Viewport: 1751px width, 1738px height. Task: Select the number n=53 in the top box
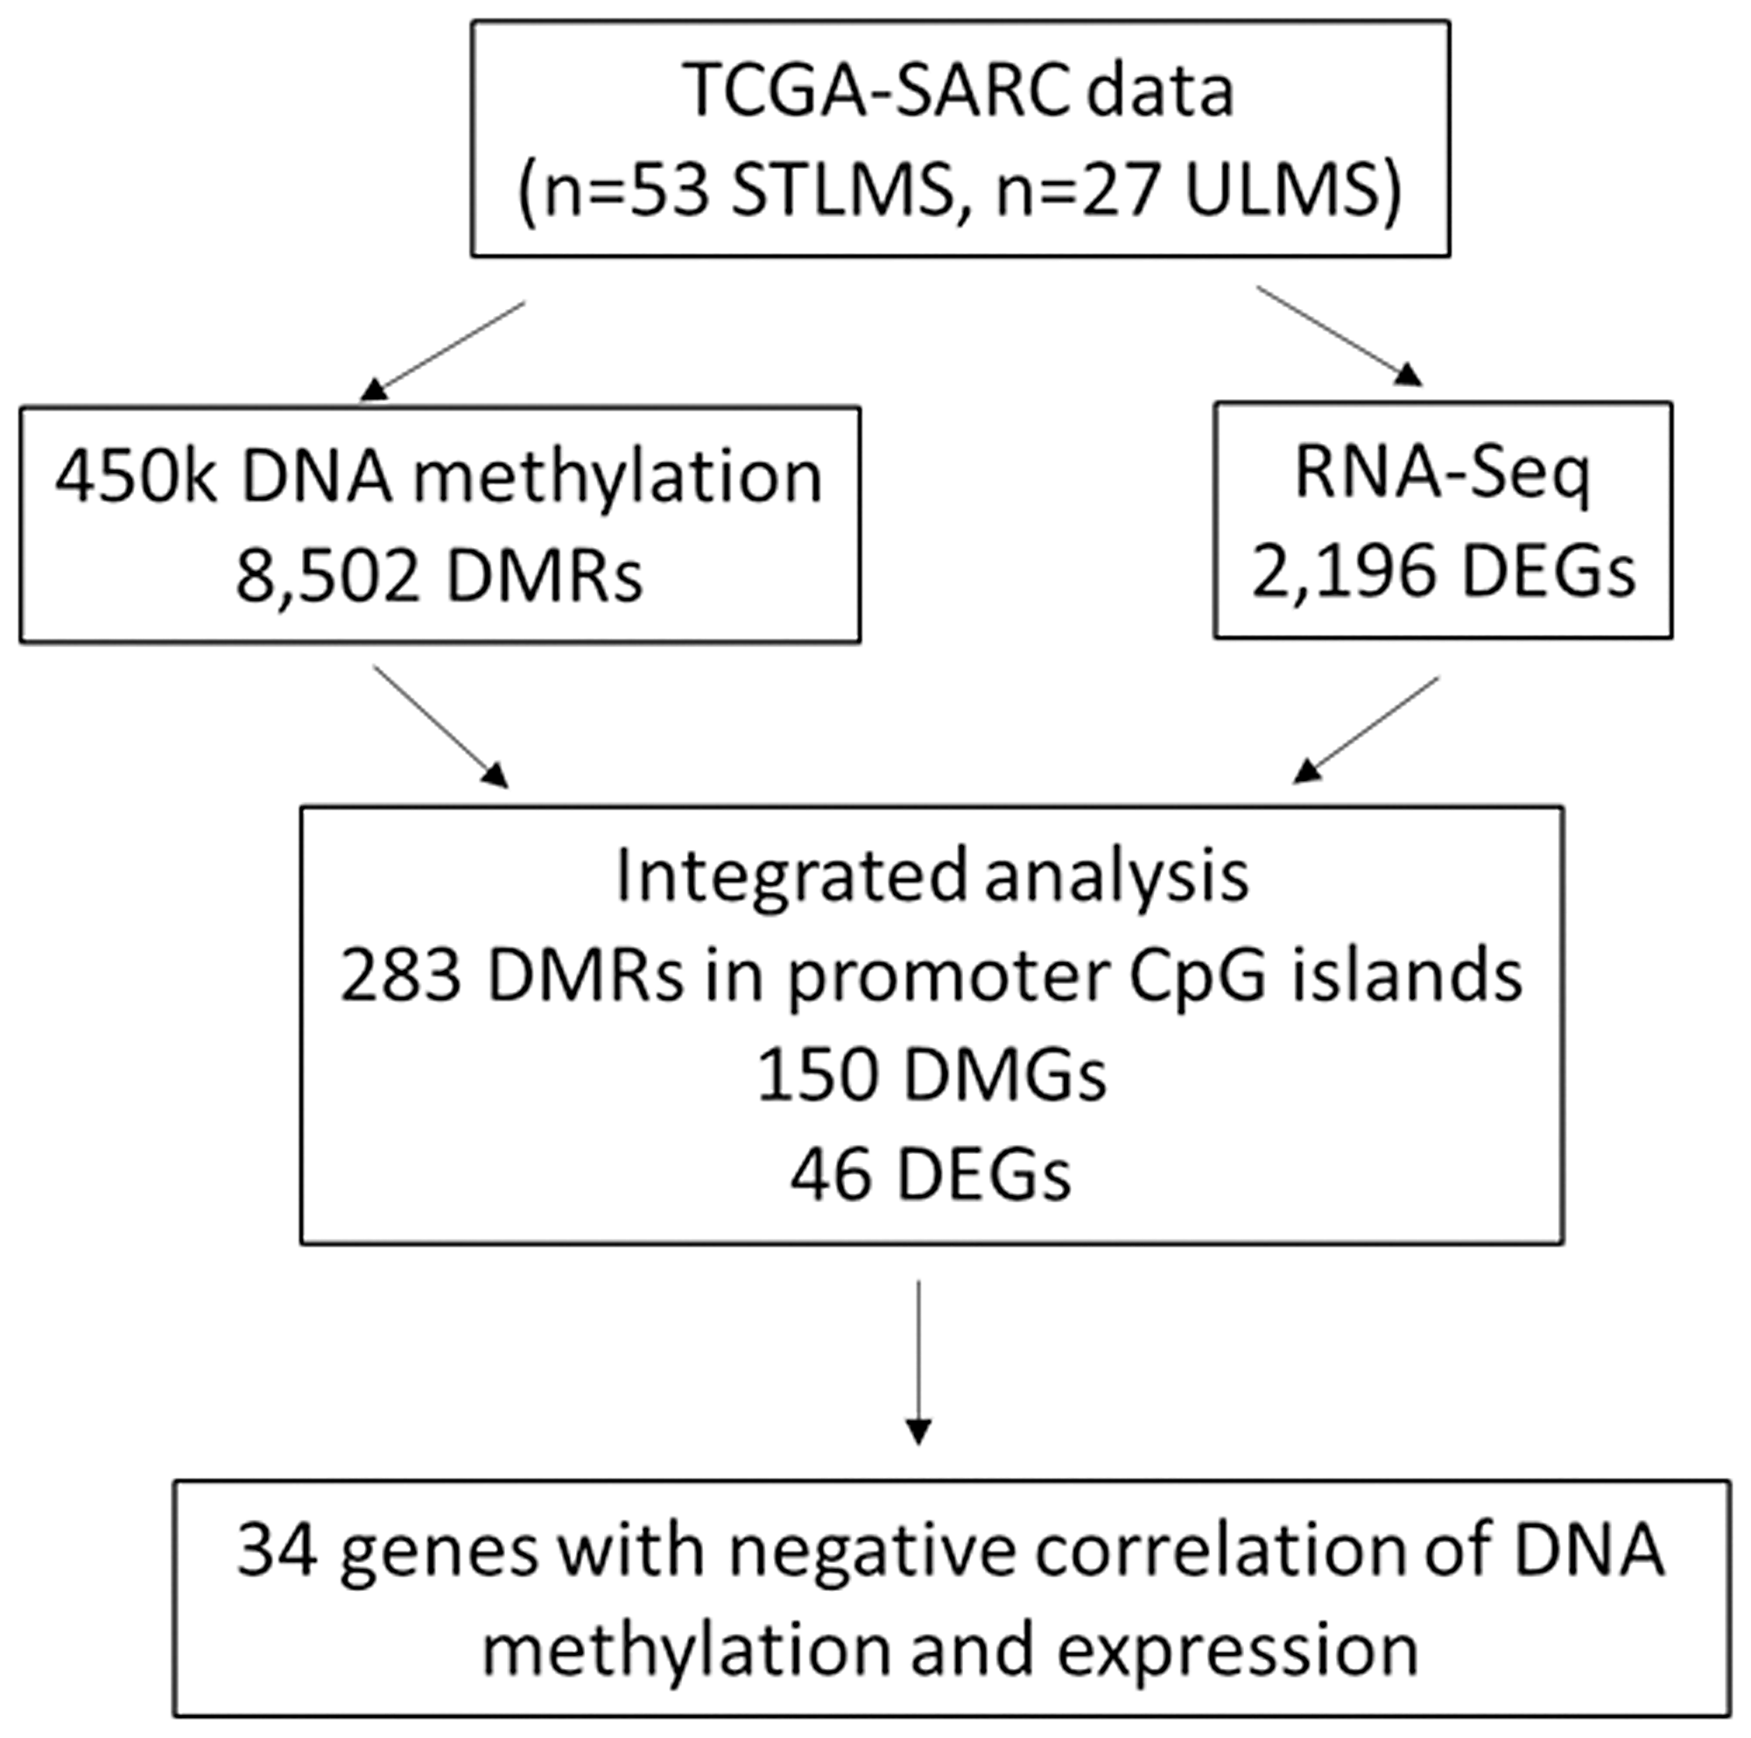[626, 192]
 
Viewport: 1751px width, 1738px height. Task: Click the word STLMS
[841, 192]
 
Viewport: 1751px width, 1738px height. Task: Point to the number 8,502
[328, 576]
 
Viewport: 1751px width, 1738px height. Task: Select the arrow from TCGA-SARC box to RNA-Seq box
[1338, 334]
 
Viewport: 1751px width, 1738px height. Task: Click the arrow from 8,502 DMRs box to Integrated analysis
[440, 726]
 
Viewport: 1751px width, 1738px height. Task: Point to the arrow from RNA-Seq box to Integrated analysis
[1366, 729]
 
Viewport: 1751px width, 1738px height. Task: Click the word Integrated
[790, 876]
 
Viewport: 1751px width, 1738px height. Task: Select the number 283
[401, 977]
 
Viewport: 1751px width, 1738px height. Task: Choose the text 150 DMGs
[931, 1075]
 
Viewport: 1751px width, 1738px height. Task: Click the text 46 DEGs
[931, 1175]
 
